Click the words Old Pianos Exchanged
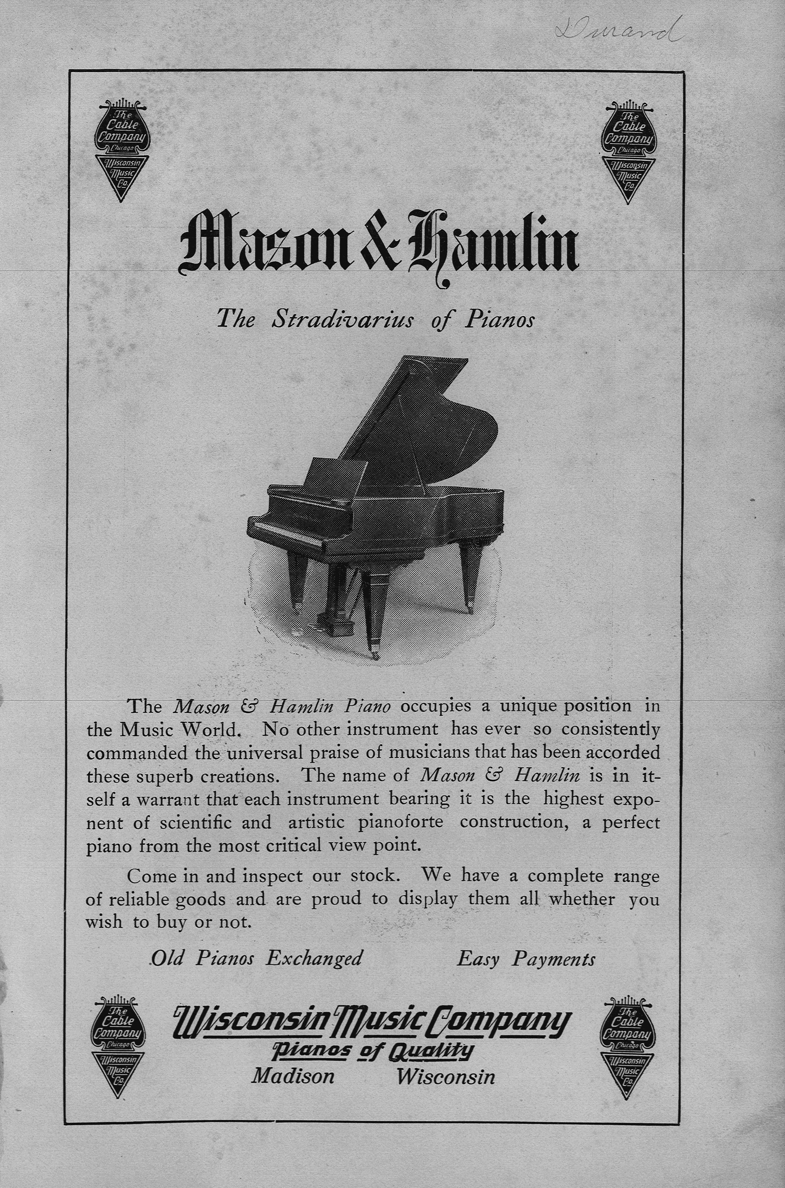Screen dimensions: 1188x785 coord(256,958)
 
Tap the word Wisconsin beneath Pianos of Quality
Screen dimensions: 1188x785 coord(445,1076)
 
